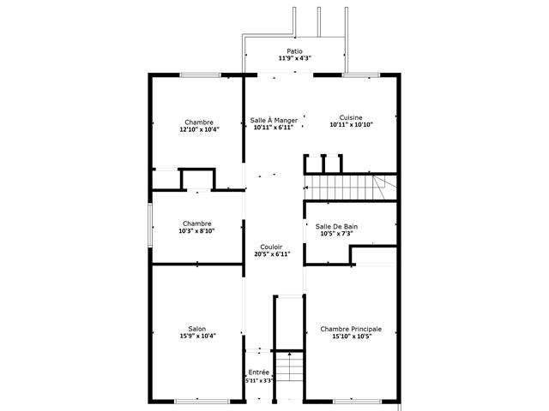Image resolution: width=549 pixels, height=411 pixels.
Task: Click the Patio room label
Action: point(294,51)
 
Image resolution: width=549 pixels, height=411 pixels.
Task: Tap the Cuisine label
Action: point(351,117)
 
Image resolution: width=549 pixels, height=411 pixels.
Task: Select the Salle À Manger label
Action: point(274,120)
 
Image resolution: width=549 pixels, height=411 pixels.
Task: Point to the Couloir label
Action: point(271,247)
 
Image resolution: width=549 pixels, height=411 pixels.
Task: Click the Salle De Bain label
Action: point(336,226)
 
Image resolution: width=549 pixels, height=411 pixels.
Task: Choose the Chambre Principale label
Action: point(351,329)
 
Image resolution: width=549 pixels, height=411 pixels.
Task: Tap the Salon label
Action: point(197,329)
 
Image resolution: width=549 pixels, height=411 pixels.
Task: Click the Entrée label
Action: point(259,372)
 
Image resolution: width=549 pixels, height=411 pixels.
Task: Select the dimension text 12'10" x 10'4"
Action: point(200,129)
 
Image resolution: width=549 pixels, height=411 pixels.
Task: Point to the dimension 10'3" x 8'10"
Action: point(196,230)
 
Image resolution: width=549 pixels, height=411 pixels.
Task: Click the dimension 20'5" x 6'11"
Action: point(272,254)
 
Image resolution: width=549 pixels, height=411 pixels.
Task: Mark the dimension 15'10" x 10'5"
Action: point(352,337)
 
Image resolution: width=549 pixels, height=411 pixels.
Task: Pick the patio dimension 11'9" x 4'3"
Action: point(295,58)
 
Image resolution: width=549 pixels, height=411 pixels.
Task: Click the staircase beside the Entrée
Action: point(289,367)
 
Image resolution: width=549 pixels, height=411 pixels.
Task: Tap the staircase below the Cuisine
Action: point(350,188)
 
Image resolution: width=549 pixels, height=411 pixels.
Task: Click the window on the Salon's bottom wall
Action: point(202,402)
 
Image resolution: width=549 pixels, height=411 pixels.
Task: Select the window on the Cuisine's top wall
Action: point(361,74)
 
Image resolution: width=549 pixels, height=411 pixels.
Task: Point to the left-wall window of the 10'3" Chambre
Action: point(150,225)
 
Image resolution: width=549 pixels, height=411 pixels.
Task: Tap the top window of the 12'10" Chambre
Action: point(201,74)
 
